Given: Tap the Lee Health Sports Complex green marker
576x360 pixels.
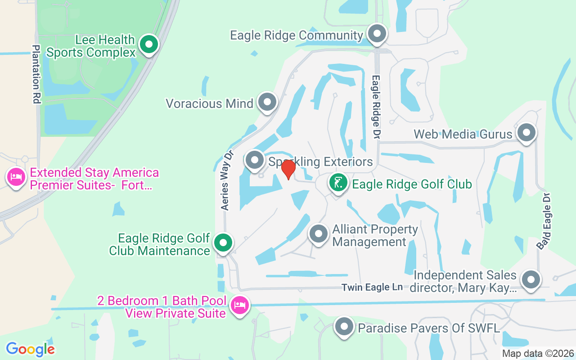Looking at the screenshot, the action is click(148, 45).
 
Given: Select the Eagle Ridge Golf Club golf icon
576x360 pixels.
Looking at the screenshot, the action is click(337, 183).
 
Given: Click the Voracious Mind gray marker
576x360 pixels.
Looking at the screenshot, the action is click(267, 103).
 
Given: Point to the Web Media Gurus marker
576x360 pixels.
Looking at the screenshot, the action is click(526, 133).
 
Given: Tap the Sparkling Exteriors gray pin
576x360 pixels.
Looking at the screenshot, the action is click(255, 160).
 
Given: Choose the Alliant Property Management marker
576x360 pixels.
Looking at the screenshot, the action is click(319, 234).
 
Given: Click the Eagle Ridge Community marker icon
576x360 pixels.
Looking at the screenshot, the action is click(377, 34).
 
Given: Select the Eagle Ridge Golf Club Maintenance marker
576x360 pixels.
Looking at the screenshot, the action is click(222, 243).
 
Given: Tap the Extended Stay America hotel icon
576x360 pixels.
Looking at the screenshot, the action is click(16, 177).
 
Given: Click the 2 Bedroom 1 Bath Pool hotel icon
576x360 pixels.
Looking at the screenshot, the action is click(239, 306).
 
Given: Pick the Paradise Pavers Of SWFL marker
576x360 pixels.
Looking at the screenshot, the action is click(344, 327).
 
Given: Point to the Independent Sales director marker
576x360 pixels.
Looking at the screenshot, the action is click(531, 279).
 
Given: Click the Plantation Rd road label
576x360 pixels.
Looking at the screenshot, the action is click(36, 74).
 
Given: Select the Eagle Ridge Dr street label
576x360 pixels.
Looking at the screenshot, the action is click(376, 107).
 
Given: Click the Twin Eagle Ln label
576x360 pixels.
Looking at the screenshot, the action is click(372, 287).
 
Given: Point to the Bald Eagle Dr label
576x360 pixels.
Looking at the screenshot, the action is click(544, 221).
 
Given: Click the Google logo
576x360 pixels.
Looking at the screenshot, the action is click(30, 349).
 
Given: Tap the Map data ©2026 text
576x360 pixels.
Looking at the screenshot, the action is click(538, 354).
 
